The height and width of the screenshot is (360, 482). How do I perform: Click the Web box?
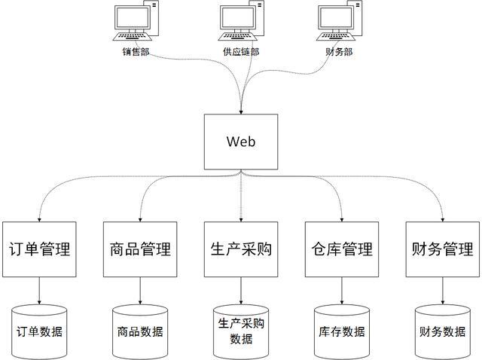pos(241,141)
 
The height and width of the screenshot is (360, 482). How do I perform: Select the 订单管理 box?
pos(38,249)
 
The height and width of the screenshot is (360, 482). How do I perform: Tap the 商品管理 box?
pos(139,249)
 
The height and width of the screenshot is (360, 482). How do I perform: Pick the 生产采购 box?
pos(241,249)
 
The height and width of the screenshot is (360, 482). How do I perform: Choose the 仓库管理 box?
pos(341,249)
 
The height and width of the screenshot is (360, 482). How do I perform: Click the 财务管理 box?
pos(443,249)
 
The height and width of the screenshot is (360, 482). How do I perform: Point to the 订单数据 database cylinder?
pos(39,331)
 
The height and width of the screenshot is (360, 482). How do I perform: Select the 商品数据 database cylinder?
pos(139,331)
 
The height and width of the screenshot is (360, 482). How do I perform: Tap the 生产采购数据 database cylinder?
pos(241,331)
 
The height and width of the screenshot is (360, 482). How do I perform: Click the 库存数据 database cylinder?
pos(342,331)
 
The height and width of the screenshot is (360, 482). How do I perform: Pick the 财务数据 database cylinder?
pos(442,331)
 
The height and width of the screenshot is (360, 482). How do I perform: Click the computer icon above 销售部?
pos(136,22)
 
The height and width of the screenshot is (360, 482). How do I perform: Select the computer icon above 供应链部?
pos(242,22)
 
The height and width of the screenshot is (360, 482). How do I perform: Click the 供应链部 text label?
pos(241,52)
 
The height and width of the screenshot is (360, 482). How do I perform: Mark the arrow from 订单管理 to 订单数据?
pos(38,290)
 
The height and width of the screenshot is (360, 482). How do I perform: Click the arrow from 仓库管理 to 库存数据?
pos(341,290)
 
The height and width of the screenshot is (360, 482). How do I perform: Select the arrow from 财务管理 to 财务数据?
pos(443,290)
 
